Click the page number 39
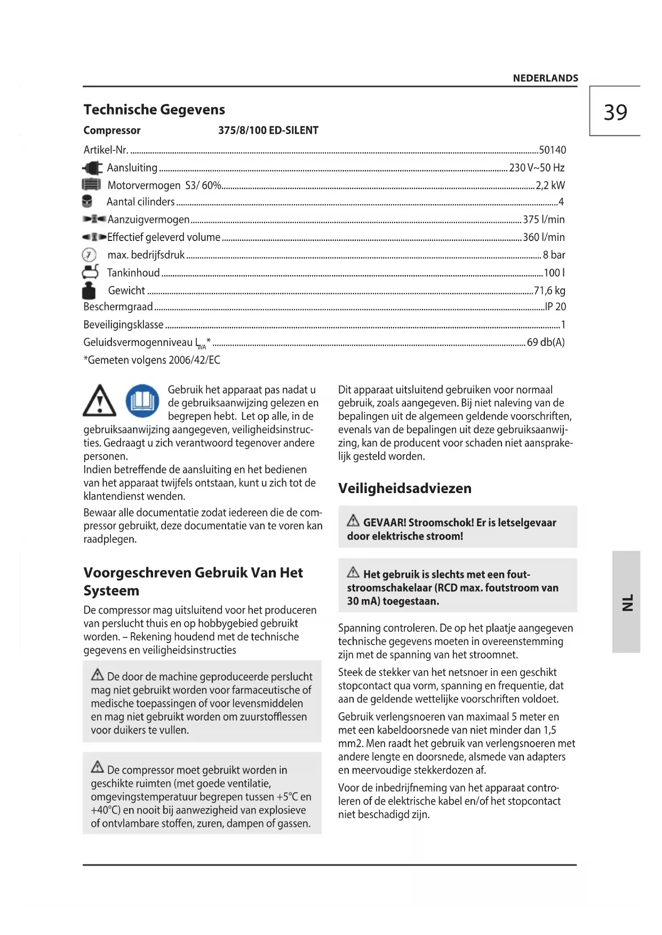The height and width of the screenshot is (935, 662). pos(615,112)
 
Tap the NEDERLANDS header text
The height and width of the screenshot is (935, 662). pos(545,78)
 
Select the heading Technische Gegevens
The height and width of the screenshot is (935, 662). pos(154,110)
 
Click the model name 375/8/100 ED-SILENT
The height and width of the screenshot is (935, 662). pos(268,131)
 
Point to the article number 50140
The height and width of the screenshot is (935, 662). pos(552,150)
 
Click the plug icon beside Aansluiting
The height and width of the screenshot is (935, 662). pos(92,168)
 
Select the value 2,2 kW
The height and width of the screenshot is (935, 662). pos(550,186)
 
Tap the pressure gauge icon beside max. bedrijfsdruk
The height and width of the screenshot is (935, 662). pos(89,255)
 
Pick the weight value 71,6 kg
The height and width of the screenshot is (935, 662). pos(549,291)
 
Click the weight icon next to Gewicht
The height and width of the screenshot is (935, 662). pos(89,291)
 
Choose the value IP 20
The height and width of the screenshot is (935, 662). pos(555,307)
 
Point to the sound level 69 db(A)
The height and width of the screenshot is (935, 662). pos(546,342)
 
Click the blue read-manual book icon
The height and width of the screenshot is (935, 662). pos(142,401)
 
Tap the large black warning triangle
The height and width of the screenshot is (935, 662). pos(100,402)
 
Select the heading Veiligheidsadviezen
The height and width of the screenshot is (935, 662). pos(404,488)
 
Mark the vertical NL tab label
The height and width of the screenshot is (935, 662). pos(627,602)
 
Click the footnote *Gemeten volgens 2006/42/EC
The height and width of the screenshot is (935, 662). pos(151,360)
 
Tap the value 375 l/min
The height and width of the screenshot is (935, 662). pos(544,220)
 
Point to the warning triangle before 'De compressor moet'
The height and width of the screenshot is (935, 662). pos(98,768)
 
